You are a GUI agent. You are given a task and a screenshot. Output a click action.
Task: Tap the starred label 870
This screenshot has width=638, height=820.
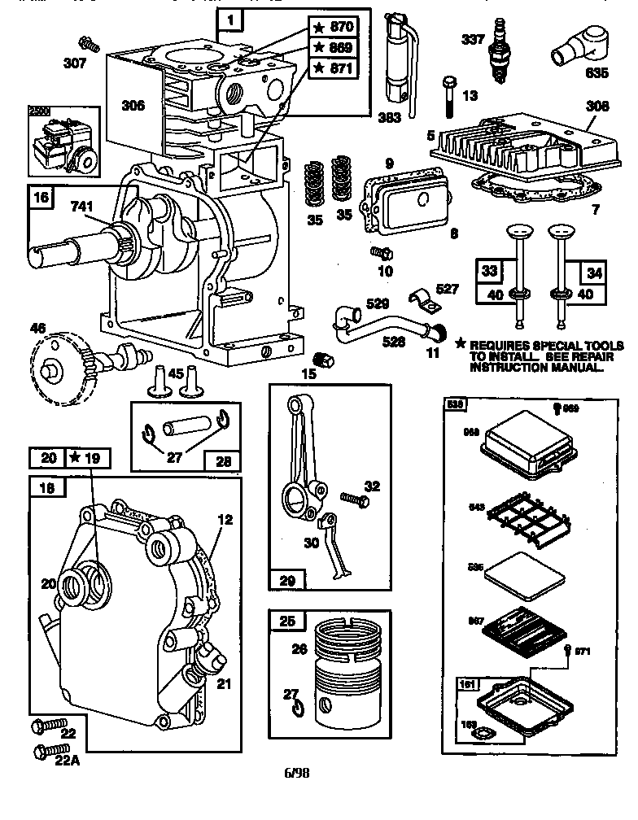pyautogui.click(x=336, y=26)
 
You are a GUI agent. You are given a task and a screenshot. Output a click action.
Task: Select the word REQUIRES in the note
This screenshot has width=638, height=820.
pyautogui.click(x=509, y=345)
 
